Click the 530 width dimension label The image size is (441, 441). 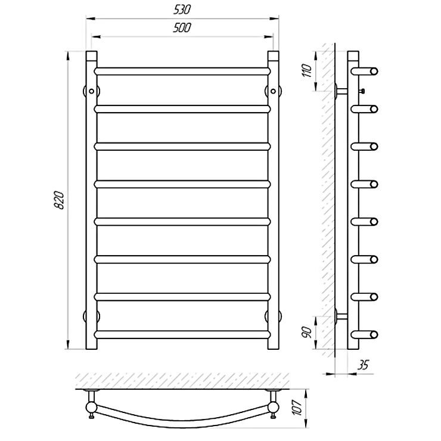182,10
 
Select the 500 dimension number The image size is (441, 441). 182,27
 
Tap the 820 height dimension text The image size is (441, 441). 60,200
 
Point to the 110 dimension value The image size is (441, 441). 307,71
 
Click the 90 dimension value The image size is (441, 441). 307,333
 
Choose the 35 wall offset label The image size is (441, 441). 362,365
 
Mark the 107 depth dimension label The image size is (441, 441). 297,407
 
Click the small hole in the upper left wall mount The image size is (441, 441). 91,91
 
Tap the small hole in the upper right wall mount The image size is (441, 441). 273,91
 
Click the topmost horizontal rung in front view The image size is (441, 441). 182,71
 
